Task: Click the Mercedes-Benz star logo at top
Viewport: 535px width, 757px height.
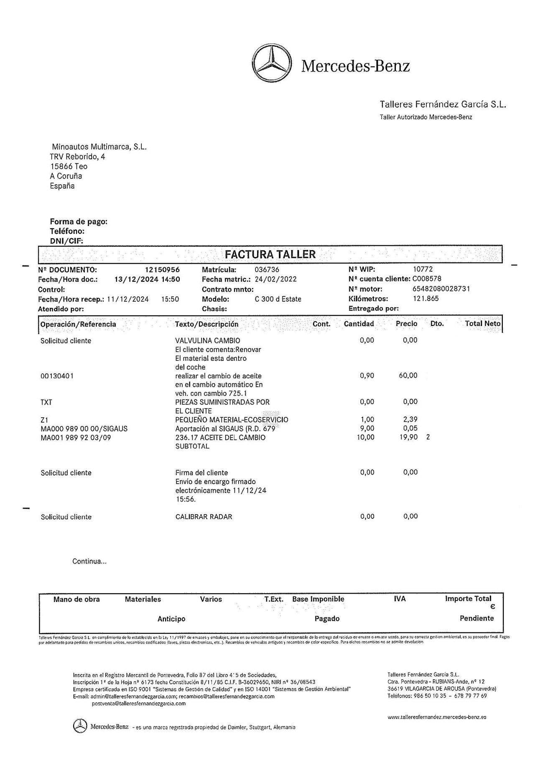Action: (272, 65)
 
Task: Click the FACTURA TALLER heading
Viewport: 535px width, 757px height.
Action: (270, 254)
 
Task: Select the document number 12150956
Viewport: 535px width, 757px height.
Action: (162, 270)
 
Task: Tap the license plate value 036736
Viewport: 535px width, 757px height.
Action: (267, 270)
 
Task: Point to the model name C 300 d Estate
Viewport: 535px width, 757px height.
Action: (278, 299)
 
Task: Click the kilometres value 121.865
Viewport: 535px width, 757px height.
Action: (426, 299)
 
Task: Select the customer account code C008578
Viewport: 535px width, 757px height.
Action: (427, 279)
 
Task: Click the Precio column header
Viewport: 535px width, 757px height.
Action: (407, 324)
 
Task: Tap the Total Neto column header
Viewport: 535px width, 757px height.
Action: (483, 324)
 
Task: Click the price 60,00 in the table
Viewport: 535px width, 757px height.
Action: (408, 376)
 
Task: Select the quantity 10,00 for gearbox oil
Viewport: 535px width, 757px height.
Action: (366, 438)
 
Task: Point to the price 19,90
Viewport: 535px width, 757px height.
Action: (408, 438)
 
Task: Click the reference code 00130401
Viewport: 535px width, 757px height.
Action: (57, 376)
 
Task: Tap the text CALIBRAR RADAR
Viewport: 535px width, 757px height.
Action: (204, 517)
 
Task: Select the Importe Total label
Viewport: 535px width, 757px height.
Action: (468, 599)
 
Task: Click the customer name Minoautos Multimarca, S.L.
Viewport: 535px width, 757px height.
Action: (99, 147)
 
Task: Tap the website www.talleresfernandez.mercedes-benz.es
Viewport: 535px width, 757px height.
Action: (437, 717)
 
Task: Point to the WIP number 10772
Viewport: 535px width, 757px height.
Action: (423, 270)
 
